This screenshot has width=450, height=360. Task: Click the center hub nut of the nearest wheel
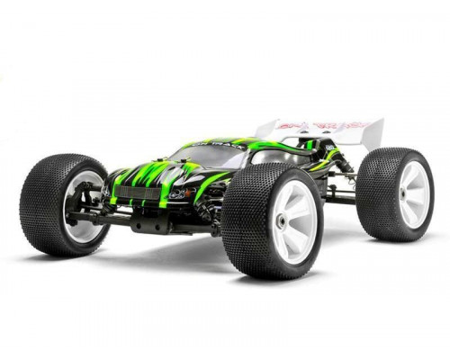[x=286, y=221]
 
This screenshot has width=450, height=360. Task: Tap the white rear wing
[x=333, y=130]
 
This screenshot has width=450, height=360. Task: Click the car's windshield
[x=211, y=156]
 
